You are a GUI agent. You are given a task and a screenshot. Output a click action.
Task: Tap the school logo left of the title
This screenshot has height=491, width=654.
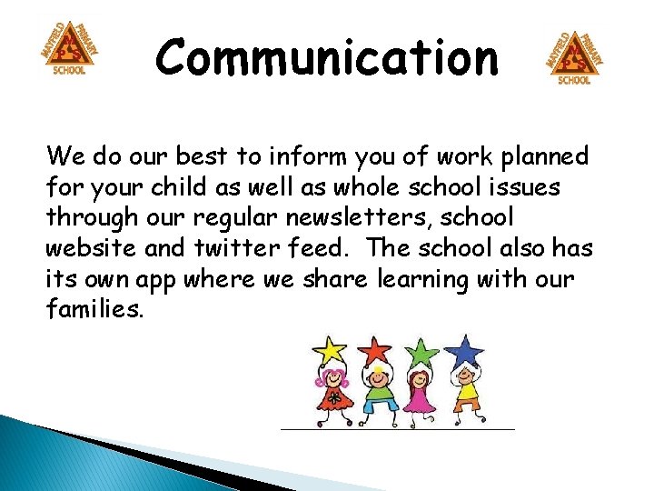point(70,50)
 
